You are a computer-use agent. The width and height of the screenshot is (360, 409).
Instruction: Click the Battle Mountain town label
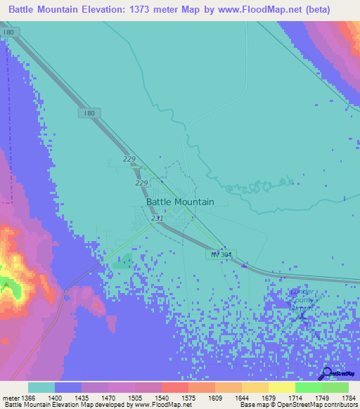coord(180,202)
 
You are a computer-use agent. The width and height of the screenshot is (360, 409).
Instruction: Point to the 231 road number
coord(157,219)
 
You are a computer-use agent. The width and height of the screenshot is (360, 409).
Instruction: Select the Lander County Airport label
coord(303,299)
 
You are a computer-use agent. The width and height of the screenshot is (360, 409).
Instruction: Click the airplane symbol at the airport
coord(302,315)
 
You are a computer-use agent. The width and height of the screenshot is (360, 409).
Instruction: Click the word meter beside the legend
coord(10,398)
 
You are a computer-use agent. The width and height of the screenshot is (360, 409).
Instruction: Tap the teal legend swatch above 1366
coord(41,387)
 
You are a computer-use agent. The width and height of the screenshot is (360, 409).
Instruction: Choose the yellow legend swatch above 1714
coord(281,387)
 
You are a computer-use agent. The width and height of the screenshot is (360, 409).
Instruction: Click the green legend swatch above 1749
coord(308,387)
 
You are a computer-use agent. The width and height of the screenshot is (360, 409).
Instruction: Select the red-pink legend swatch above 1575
coord(174,387)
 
